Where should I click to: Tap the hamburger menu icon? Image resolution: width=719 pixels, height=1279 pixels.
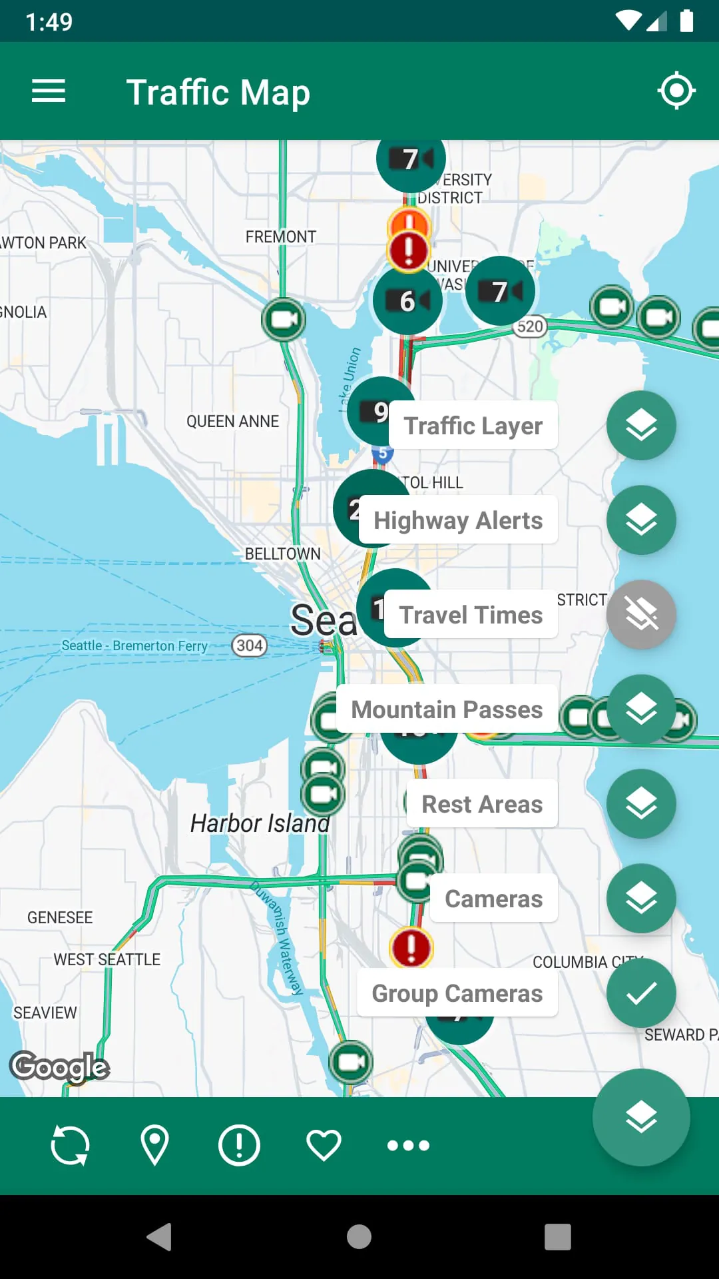click(x=49, y=91)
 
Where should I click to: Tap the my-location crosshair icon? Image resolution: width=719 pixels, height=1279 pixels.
click(x=676, y=91)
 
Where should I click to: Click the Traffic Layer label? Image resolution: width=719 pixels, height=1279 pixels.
click(x=473, y=426)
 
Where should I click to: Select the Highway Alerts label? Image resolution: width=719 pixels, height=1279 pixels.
click(x=458, y=520)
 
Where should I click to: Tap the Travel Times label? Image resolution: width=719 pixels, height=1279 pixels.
click(x=471, y=615)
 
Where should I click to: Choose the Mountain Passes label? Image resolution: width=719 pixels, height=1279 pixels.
click(x=447, y=709)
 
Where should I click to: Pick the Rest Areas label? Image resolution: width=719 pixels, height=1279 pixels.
click(x=482, y=804)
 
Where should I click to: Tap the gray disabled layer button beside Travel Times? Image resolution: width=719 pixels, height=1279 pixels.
click(x=641, y=615)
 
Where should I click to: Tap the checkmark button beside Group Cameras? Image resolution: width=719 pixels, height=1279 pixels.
click(x=641, y=993)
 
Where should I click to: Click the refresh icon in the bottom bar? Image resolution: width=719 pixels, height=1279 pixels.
click(x=70, y=1145)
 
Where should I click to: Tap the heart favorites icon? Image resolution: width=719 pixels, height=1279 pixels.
click(x=324, y=1145)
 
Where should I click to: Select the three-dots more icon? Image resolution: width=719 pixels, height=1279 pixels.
click(x=408, y=1145)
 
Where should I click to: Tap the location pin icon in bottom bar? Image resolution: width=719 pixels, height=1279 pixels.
click(x=154, y=1145)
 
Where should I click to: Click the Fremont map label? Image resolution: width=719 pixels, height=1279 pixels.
click(x=280, y=237)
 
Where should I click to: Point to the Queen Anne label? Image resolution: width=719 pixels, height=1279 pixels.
click(x=232, y=422)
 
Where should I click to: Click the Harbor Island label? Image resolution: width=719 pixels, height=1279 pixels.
click(x=260, y=824)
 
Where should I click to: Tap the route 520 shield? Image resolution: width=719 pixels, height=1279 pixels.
click(x=530, y=326)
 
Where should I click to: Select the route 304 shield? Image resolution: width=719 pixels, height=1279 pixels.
click(x=249, y=645)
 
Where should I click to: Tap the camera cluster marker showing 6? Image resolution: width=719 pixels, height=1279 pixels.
click(x=407, y=301)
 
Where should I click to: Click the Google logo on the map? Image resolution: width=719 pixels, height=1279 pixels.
click(x=60, y=1067)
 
